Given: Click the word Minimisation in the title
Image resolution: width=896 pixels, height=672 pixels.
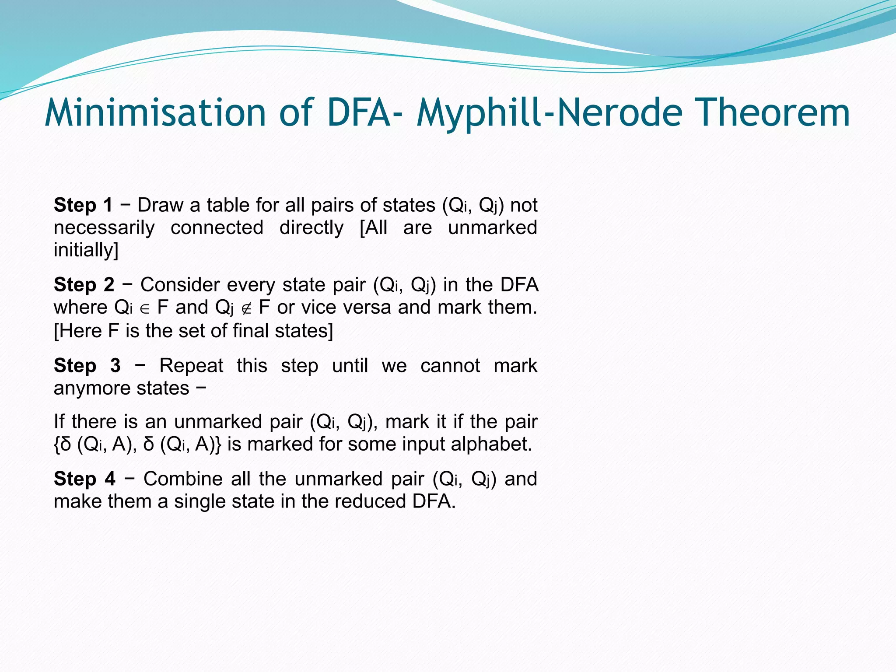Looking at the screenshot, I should (x=155, y=113).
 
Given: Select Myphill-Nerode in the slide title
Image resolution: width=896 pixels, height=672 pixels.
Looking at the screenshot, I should (x=549, y=113).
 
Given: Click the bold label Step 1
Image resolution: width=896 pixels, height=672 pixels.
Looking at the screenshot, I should (x=83, y=205).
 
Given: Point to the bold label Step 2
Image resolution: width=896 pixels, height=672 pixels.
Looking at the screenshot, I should (x=84, y=285).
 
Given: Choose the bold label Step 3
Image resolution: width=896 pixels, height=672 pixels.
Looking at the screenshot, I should (x=87, y=365).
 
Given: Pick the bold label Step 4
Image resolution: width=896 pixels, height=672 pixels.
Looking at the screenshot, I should (x=84, y=479).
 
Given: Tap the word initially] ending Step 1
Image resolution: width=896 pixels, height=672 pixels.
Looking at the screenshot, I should (x=86, y=250).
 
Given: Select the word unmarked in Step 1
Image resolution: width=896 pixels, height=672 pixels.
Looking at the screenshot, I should (x=492, y=227).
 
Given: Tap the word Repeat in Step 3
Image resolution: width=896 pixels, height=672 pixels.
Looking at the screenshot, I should (x=191, y=365).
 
